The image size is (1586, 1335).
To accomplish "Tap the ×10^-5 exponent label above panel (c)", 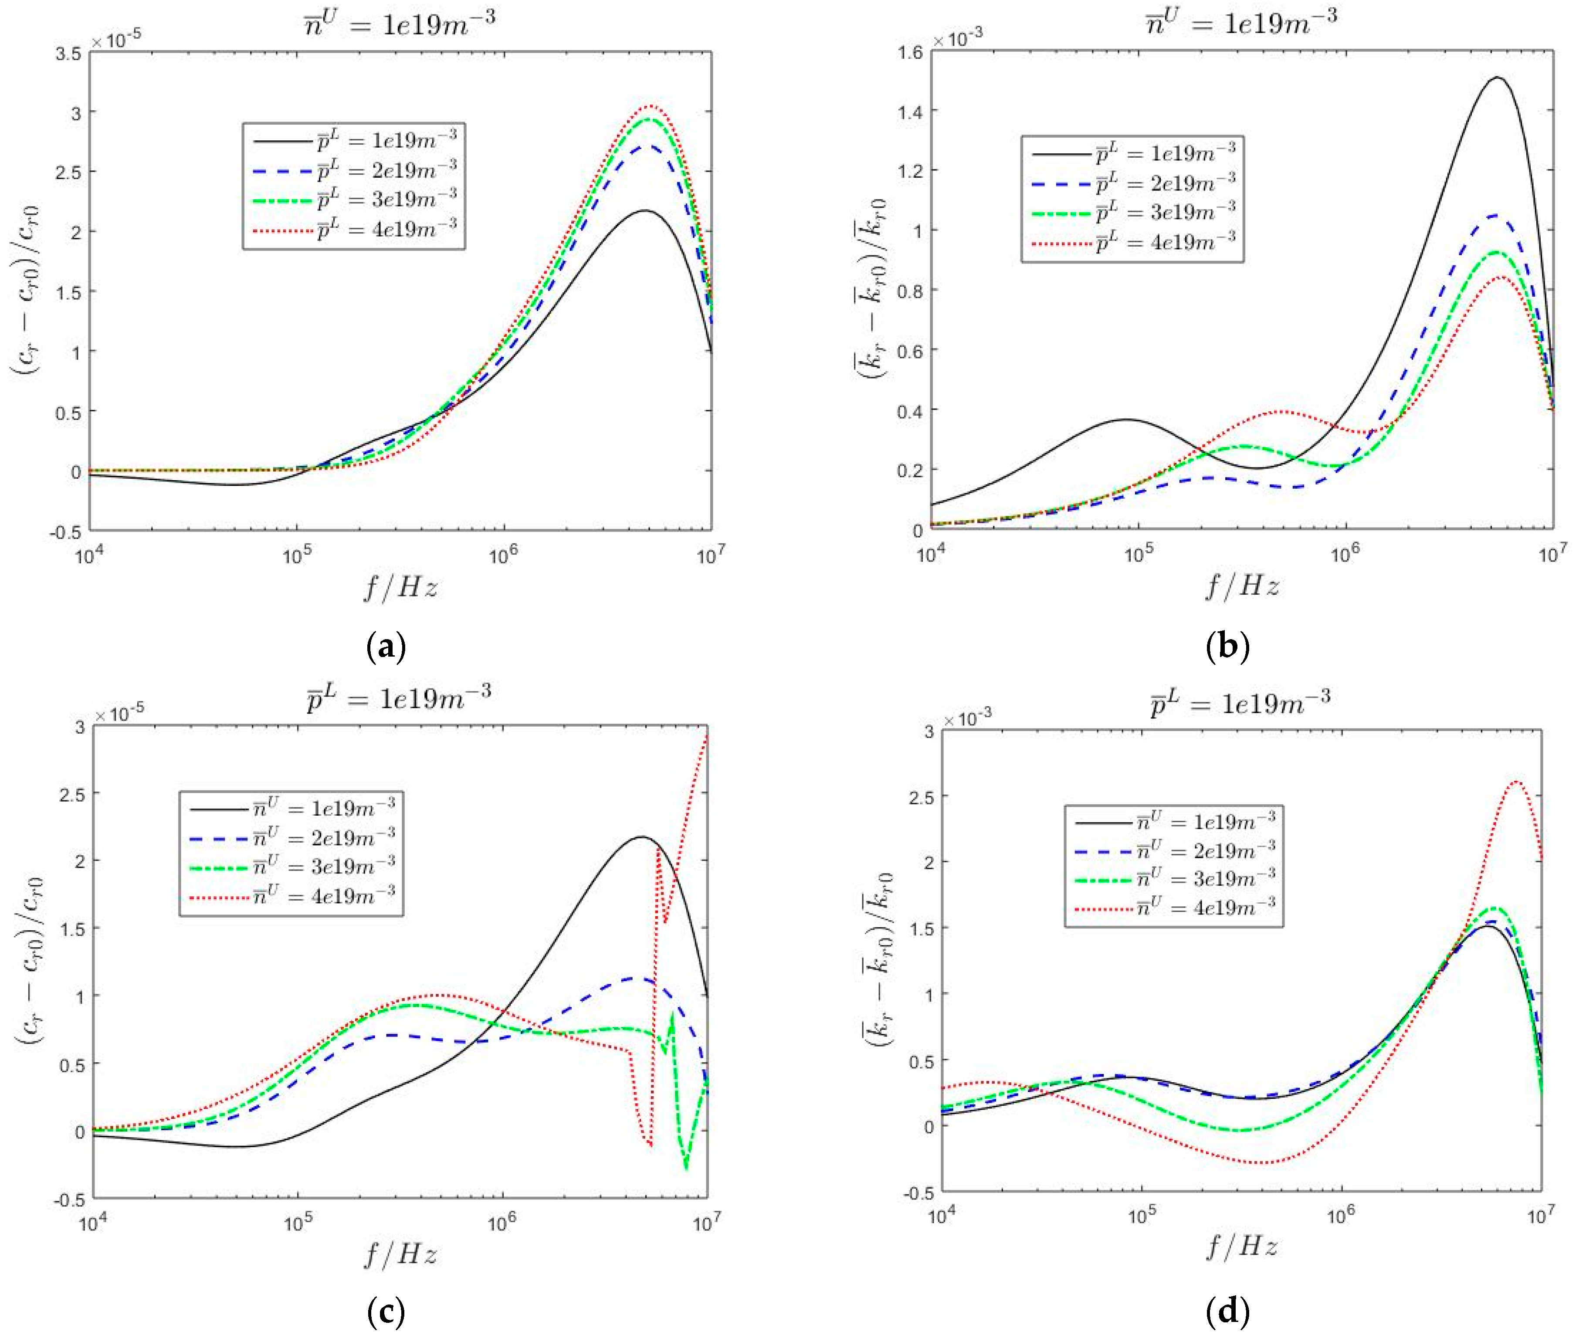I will coord(119,712).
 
